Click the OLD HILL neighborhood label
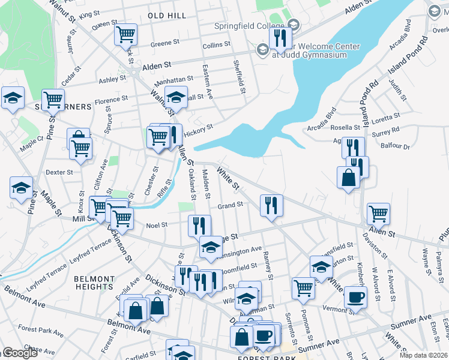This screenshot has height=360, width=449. [167, 14]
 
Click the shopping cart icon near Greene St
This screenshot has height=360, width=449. [126, 34]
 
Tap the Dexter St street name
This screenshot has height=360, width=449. [59, 172]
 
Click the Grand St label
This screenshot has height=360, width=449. [230, 205]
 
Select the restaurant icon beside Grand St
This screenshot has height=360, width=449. [271, 205]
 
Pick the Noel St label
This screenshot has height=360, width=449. [157, 226]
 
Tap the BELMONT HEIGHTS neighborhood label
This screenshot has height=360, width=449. [94, 283]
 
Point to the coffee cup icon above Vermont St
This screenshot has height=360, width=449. [356, 296]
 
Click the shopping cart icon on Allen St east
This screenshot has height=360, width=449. [378, 213]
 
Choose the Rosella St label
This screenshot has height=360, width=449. [345, 127]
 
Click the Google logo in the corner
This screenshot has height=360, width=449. [19, 353]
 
